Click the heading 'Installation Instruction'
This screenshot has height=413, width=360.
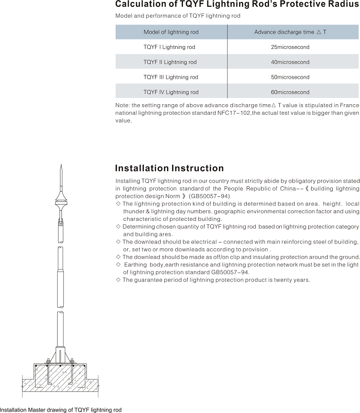click(x=169, y=168)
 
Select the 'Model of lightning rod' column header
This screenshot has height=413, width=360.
click(x=171, y=32)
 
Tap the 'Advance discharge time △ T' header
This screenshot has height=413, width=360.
click(x=290, y=32)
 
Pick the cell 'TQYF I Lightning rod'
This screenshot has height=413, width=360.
click(x=169, y=47)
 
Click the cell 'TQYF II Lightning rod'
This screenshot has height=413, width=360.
click(x=170, y=62)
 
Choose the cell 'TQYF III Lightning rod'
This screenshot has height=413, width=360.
click(x=170, y=77)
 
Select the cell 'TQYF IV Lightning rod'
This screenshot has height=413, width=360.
click(x=170, y=92)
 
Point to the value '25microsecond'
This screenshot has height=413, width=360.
click(x=290, y=47)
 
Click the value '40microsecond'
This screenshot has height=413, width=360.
click(x=290, y=62)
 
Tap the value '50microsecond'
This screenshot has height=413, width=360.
click(x=290, y=77)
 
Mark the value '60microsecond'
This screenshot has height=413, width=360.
click(x=290, y=92)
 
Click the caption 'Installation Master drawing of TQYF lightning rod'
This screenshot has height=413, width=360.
click(x=60, y=410)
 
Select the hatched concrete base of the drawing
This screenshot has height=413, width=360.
click(x=60, y=379)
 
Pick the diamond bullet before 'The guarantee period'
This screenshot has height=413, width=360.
click(x=118, y=280)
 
